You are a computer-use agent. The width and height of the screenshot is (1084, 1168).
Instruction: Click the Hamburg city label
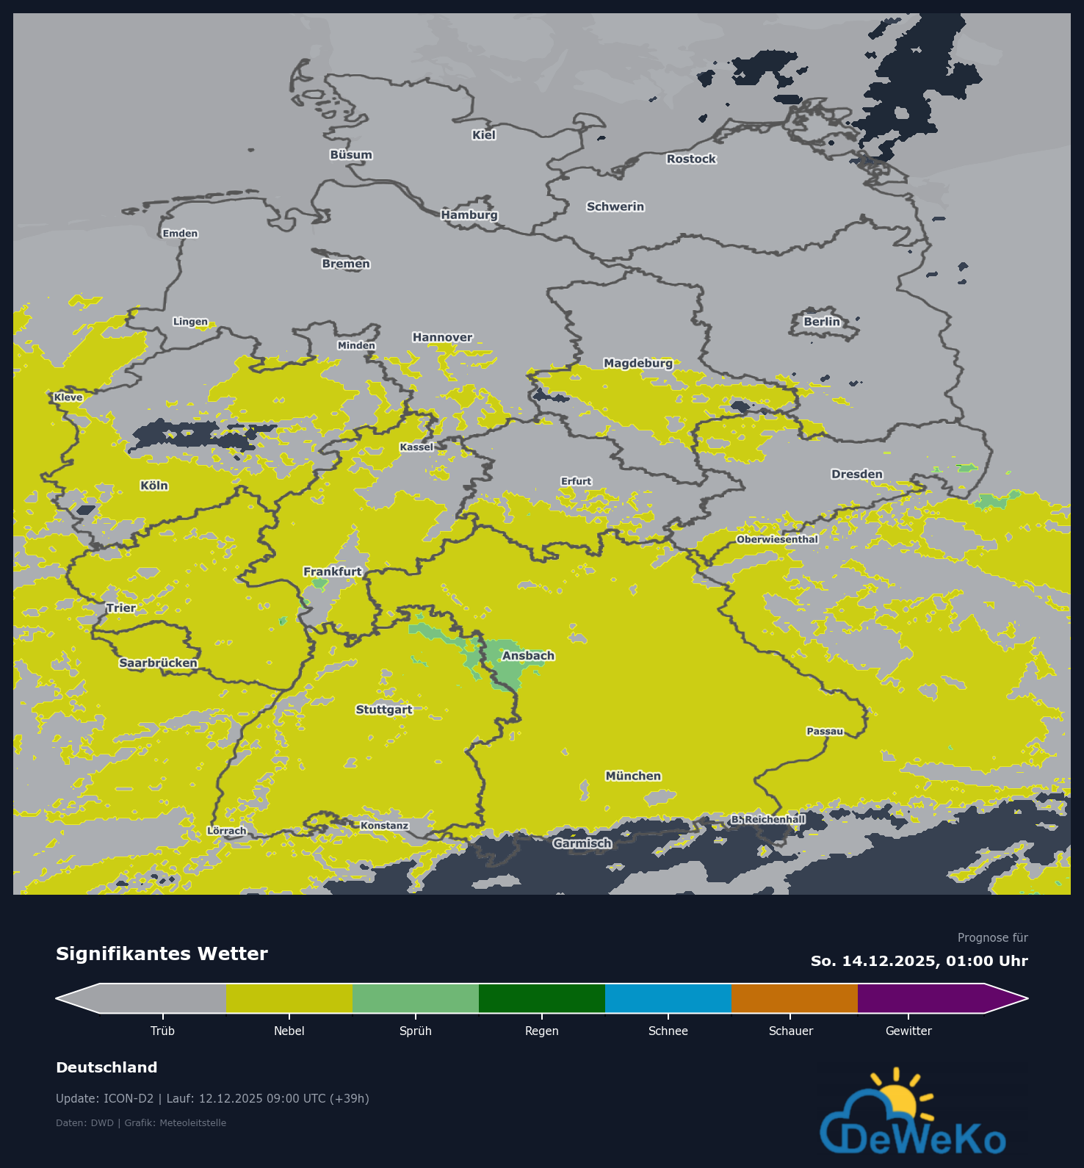tap(469, 215)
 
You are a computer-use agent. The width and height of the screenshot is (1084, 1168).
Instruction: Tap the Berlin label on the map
tap(821, 322)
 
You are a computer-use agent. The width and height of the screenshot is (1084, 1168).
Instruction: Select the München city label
tap(633, 776)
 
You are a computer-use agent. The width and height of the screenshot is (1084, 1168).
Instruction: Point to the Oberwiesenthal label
tap(777, 539)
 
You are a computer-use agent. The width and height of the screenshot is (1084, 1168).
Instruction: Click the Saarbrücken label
tap(159, 663)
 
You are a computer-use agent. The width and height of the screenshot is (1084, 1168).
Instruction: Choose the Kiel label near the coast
tap(484, 135)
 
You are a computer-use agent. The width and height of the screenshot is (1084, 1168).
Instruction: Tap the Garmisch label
tap(582, 843)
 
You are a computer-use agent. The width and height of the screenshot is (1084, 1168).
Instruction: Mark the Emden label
tap(180, 234)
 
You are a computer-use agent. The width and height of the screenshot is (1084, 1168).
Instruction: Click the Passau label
tap(825, 731)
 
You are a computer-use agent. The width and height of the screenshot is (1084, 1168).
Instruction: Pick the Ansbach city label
tap(528, 656)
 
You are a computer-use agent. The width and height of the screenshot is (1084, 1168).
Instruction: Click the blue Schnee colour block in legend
tap(668, 998)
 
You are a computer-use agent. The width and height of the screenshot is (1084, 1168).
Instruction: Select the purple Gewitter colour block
tap(922, 998)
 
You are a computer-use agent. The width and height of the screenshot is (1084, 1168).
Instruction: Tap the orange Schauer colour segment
tap(794, 998)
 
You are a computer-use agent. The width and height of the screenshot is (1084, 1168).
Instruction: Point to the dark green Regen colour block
tap(541, 998)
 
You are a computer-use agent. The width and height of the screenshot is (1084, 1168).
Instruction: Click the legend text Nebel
tap(289, 1031)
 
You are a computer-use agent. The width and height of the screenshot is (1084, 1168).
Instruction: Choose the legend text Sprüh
tap(415, 1031)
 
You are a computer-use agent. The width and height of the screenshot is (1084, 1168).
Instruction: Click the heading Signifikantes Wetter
tap(162, 953)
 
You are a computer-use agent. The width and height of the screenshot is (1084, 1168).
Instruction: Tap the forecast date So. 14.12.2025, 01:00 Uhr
tap(919, 961)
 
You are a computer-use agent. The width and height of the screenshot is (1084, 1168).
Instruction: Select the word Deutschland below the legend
tap(106, 1067)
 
